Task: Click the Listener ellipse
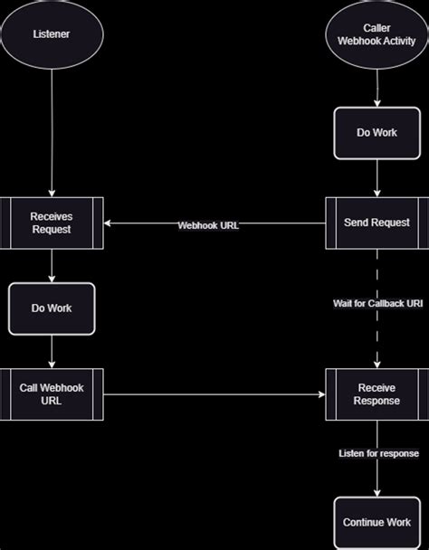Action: [52, 35]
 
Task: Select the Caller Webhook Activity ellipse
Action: [377, 35]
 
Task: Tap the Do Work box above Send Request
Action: [377, 132]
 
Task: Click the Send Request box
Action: [377, 223]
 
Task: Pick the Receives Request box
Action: [52, 223]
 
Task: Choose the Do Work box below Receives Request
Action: [52, 308]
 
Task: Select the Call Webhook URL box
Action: [52, 394]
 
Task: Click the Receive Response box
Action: [377, 394]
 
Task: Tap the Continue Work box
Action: [377, 522]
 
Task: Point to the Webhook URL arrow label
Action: [208, 224]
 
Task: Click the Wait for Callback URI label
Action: [377, 304]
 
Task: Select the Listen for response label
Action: [377, 452]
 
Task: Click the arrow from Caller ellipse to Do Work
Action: [377, 89]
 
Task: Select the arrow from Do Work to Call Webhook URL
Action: [52, 351]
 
